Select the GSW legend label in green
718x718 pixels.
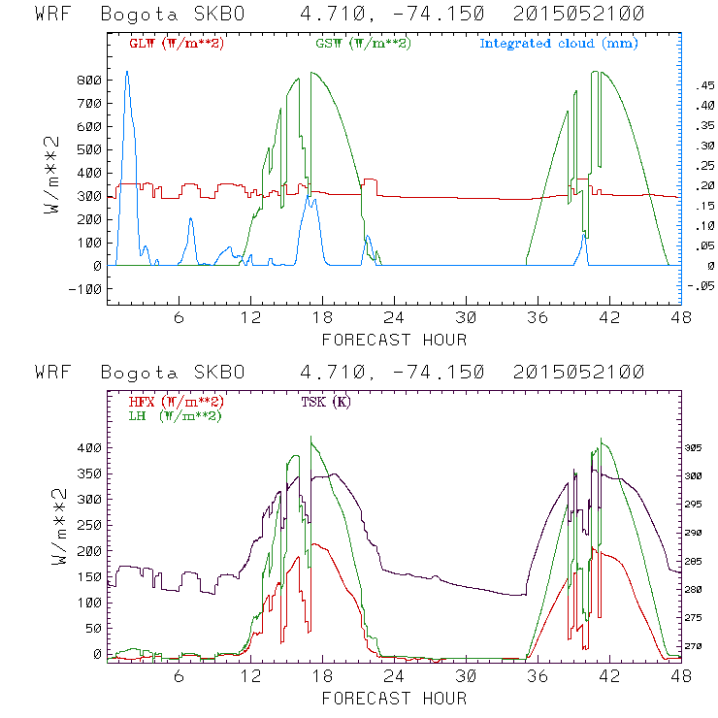click(362, 44)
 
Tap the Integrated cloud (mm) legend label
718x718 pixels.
click(559, 44)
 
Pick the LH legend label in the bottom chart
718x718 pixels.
click(175, 415)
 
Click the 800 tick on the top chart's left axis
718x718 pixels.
click(89, 80)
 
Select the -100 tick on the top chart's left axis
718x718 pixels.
click(85, 289)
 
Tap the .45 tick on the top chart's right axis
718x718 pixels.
click(702, 87)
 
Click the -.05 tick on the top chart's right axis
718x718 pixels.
click(700, 286)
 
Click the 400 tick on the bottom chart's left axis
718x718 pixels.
click(89, 448)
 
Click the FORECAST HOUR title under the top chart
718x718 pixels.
click(394, 340)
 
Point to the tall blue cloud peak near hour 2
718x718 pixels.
click(126, 74)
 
